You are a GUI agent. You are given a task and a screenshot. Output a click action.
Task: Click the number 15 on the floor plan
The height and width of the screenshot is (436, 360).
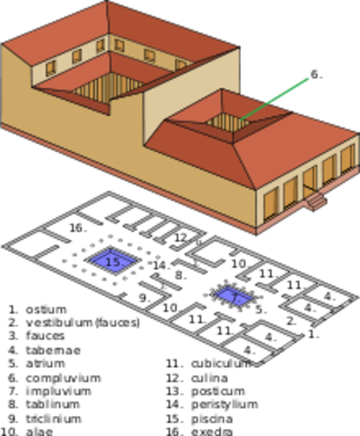point(113,262)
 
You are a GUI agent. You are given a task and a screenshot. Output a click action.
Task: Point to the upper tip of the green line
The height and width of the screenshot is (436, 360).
point(308,77)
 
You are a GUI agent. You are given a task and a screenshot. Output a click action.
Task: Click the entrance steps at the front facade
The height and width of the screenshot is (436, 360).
point(315,201)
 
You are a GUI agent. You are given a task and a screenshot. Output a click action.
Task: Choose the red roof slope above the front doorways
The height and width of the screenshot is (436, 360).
point(291,150)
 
